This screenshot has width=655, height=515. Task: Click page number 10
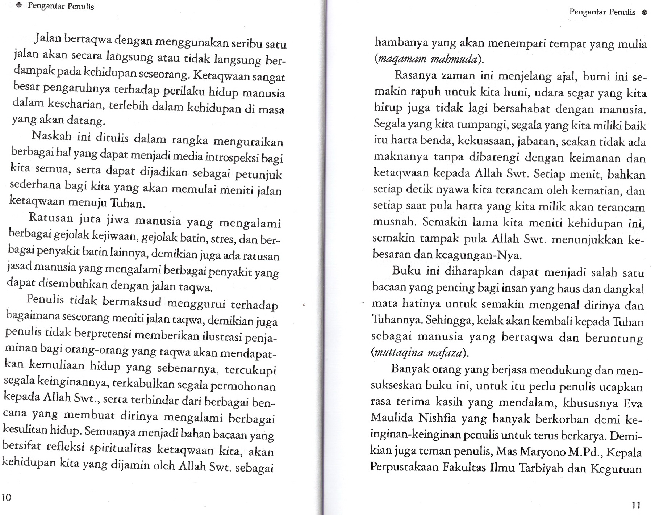pos(7,497)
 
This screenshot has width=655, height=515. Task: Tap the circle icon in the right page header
pos(644,12)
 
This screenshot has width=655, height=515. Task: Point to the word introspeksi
pos(232,158)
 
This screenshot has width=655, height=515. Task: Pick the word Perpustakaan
pos(404,468)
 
